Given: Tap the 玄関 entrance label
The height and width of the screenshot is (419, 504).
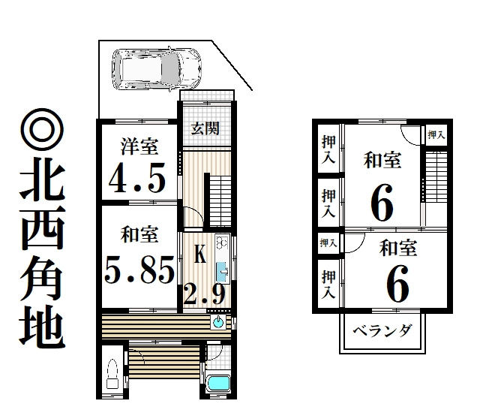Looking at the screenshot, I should (x=205, y=128).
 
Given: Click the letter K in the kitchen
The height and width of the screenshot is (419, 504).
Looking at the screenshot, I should (x=199, y=255).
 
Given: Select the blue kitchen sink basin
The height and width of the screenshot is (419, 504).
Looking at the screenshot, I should (x=223, y=272).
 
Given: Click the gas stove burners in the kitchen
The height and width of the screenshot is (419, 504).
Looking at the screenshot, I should (x=221, y=243).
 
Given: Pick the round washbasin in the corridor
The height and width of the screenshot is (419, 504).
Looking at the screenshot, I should (x=218, y=324).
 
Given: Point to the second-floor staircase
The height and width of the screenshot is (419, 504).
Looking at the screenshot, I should (x=435, y=176).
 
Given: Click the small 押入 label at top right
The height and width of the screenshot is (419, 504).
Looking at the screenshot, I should (x=436, y=135).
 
